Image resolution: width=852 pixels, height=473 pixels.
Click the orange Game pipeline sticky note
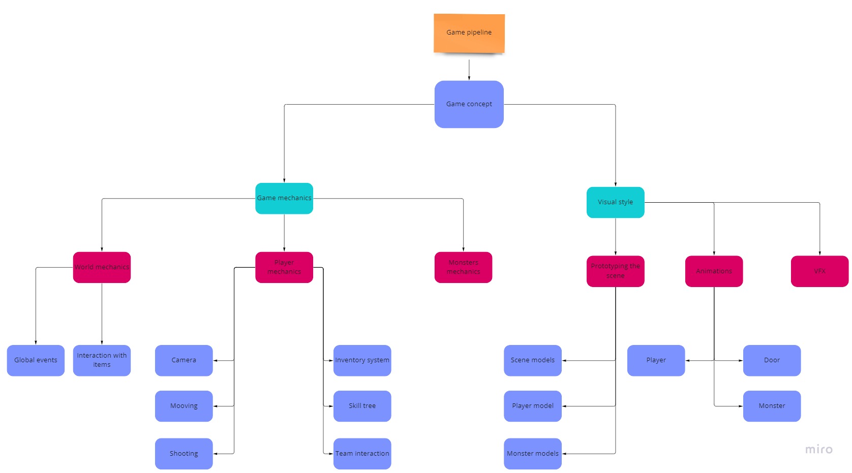point(469,33)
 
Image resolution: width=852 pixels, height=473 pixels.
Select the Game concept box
point(469,104)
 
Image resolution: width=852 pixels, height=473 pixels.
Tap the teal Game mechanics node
point(284,198)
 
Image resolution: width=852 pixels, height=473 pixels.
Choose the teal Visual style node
point(615,202)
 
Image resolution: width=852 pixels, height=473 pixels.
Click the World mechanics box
point(102,267)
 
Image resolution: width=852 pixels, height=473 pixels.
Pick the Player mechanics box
point(284,267)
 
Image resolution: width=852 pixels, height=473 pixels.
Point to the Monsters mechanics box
point(463,267)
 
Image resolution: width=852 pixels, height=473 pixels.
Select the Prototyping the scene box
point(615,271)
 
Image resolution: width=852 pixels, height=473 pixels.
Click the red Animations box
point(714,271)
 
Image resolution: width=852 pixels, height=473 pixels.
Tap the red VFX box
point(819,271)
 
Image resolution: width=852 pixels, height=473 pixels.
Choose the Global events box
point(36,360)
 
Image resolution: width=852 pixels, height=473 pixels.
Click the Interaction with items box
point(102,360)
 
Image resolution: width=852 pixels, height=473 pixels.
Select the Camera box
point(184,360)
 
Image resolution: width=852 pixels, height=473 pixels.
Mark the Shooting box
point(184,454)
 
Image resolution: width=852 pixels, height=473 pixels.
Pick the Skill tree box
point(362,406)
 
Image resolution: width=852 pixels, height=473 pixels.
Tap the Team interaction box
point(362,454)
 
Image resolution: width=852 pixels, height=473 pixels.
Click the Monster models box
point(532,454)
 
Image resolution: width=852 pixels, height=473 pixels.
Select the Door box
point(772,360)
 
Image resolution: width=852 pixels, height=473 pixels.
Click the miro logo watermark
point(818,449)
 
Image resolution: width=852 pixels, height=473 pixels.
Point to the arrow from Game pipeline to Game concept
point(469,70)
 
